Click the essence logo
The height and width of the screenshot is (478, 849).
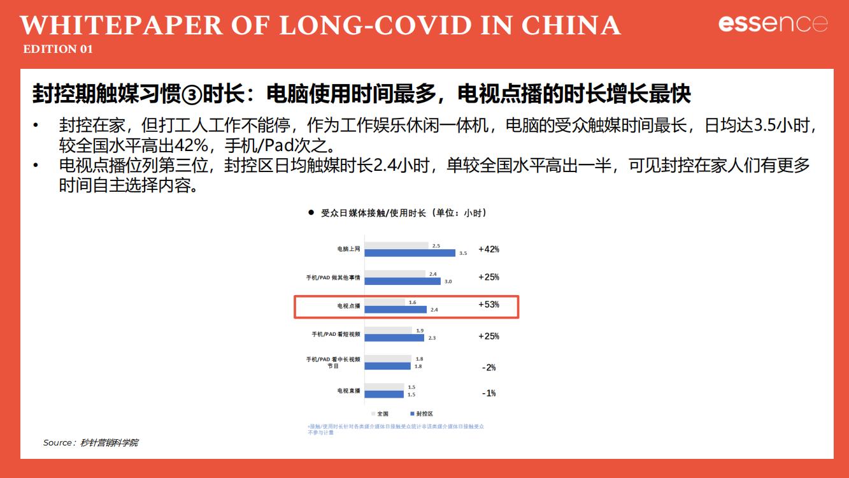773,24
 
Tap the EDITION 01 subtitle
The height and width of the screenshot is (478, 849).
58,49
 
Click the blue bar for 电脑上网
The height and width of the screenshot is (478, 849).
410,253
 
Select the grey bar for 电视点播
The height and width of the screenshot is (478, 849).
384,302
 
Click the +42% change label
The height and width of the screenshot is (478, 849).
489,249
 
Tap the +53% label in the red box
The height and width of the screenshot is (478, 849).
489,305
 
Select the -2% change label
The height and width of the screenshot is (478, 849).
489,368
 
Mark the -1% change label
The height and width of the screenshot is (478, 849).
489,393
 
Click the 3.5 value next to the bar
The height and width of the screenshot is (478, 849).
463,254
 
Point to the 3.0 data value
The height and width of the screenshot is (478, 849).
448,281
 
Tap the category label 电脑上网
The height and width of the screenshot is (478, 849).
348,249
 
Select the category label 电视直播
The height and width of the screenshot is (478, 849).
348,391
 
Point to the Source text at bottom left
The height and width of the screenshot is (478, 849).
90,442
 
